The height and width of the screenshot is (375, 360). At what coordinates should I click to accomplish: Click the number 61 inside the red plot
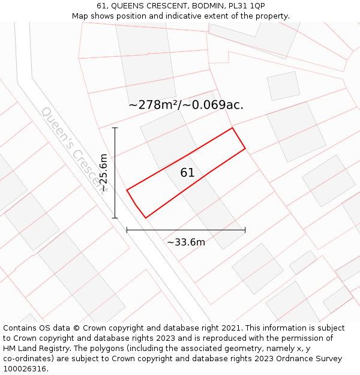click(187, 173)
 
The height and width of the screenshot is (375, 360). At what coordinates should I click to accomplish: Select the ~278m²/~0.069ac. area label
click(186, 105)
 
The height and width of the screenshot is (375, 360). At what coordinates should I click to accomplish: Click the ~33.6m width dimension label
click(186, 242)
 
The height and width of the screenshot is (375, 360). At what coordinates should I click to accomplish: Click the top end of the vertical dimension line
click(115, 128)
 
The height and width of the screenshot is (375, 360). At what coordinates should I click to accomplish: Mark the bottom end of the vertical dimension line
click(115, 218)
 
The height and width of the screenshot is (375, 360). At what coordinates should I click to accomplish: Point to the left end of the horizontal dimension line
click(127, 230)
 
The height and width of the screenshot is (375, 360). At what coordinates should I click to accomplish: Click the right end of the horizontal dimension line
click(245, 230)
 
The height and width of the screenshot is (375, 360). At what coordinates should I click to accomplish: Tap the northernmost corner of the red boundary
click(232, 128)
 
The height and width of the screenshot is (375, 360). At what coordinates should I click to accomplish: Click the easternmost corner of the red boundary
click(245, 148)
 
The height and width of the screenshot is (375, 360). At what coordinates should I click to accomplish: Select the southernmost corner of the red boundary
click(146, 217)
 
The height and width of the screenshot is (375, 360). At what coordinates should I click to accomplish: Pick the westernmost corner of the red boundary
click(127, 190)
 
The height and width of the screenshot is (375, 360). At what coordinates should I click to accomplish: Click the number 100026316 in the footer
click(25, 369)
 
